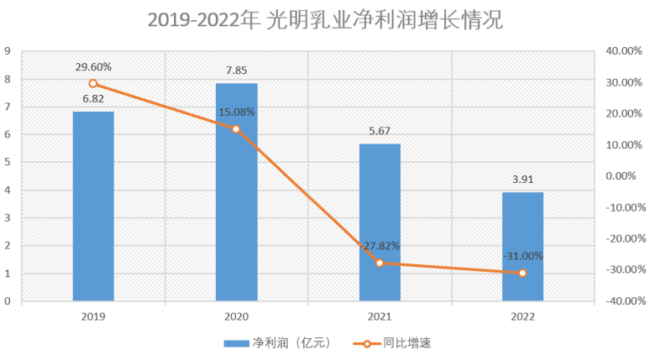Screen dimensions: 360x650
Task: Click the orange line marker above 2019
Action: pos(93,83)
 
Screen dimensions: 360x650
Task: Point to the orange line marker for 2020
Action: pos(236,129)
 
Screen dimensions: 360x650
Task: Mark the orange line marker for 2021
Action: pos(380,263)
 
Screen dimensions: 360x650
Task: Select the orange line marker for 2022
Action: pos(522,273)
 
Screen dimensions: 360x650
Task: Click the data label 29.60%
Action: pos(93,66)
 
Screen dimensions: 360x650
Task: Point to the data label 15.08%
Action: pos(236,112)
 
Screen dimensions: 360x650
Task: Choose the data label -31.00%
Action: pos(522,256)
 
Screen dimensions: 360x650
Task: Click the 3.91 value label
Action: pos(522,178)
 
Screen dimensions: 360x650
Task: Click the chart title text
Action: pos(324,19)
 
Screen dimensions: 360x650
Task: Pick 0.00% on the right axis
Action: pos(625,176)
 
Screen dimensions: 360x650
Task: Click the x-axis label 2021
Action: pos(380,316)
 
